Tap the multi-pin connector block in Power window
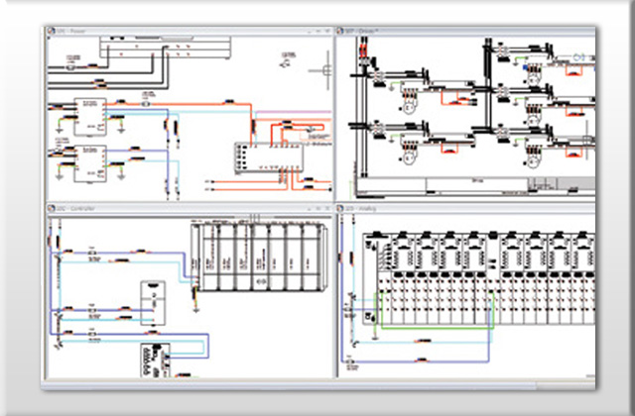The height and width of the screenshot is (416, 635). pos(257,157)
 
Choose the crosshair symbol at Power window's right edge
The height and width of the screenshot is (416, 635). pos(320,70)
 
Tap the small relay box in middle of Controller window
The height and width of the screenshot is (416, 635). pos(153,297)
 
